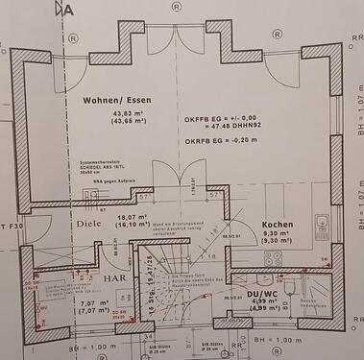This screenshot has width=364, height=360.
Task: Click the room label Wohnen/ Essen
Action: click(112, 99)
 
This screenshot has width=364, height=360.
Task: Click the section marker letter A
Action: click(66, 10)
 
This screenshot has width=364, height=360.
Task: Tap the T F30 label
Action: click(12, 227)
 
